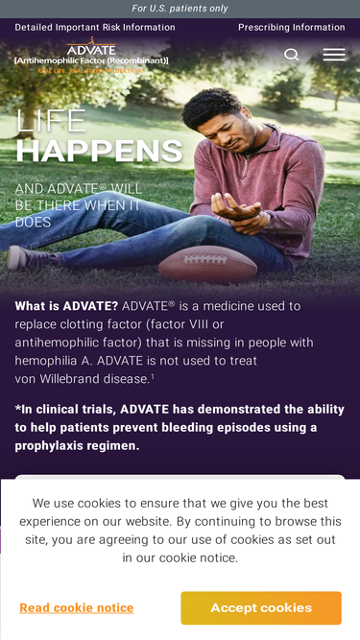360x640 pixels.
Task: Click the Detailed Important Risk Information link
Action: tap(95, 28)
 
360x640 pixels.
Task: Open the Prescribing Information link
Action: tap(292, 28)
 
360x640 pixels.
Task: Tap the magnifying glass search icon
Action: tap(292, 55)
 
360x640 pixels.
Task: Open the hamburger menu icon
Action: tap(334, 55)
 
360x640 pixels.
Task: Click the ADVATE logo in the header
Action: tap(91, 56)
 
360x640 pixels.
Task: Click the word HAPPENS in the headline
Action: tap(100, 151)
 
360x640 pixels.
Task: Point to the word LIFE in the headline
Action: tap(51, 121)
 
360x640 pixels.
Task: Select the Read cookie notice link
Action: tap(77, 607)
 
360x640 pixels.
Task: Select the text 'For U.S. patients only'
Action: tap(180, 9)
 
